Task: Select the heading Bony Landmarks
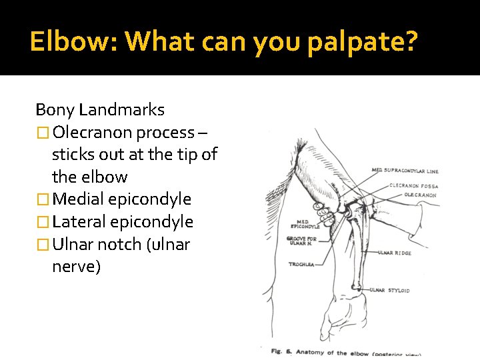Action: (x=100, y=109)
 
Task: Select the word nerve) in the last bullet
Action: (x=76, y=267)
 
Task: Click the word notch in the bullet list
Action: (x=118, y=245)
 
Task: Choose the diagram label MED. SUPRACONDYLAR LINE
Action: (x=405, y=171)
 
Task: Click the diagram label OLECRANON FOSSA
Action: (x=413, y=186)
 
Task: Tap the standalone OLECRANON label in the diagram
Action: (x=420, y=195)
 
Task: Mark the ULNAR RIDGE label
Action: (x=394, y=253)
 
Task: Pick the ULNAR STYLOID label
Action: (x=390, y=291)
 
